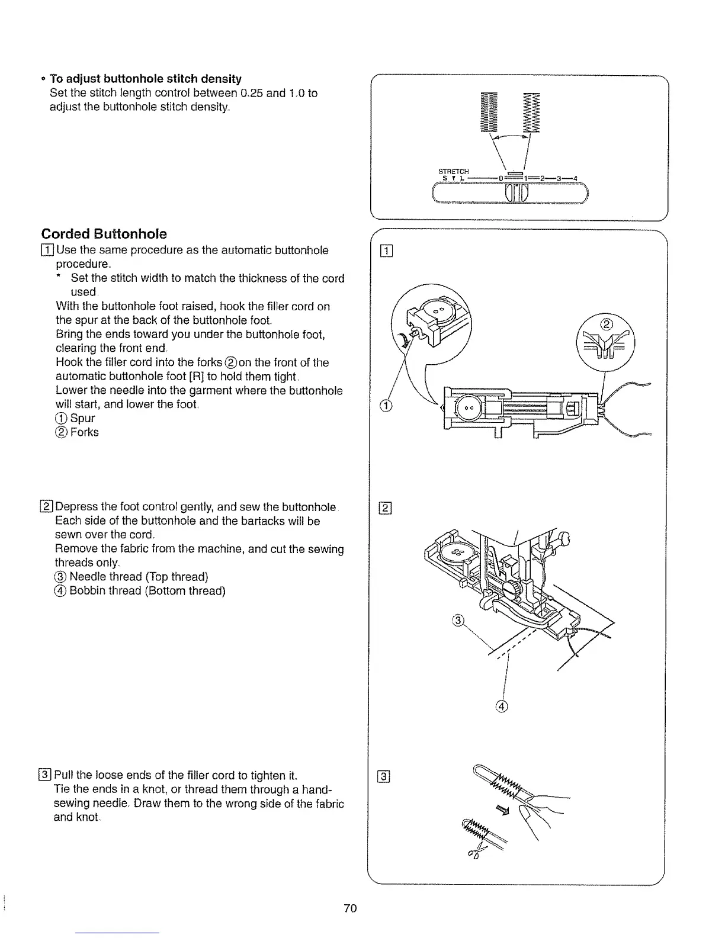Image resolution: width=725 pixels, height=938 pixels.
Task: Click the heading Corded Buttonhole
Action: point(104,233)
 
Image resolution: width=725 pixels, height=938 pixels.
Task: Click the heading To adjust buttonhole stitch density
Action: point(145,79)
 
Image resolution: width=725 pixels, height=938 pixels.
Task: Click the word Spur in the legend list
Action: point(82,418)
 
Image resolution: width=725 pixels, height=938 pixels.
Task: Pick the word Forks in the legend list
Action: point(84,432)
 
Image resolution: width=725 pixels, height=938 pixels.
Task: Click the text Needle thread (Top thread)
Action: point(139,577)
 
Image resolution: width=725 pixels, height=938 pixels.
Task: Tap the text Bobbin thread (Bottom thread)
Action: point(147,591)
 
